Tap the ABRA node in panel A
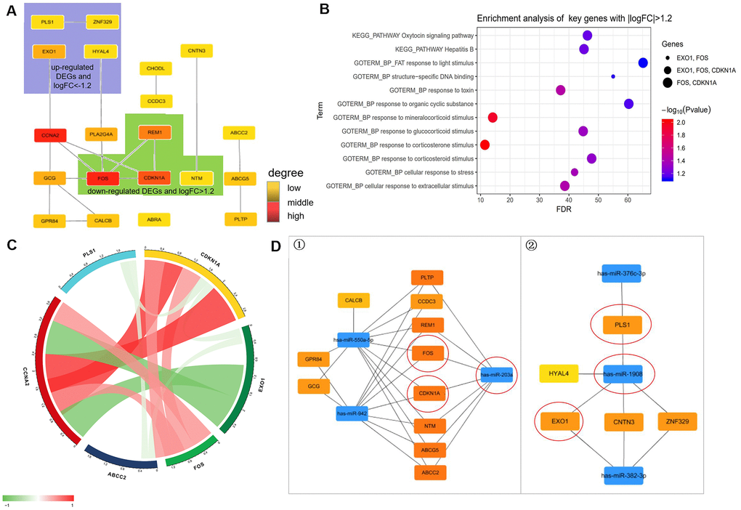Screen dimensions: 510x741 [154, 219]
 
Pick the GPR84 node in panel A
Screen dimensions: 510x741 [49, 219]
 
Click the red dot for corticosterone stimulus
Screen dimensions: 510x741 [485, 145]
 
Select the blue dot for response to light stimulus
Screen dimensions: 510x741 [643, 62]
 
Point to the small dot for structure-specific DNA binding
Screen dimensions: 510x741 [613, 76]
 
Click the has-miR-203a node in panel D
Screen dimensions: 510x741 [495, 376]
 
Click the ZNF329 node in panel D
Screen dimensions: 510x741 [677, 420]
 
